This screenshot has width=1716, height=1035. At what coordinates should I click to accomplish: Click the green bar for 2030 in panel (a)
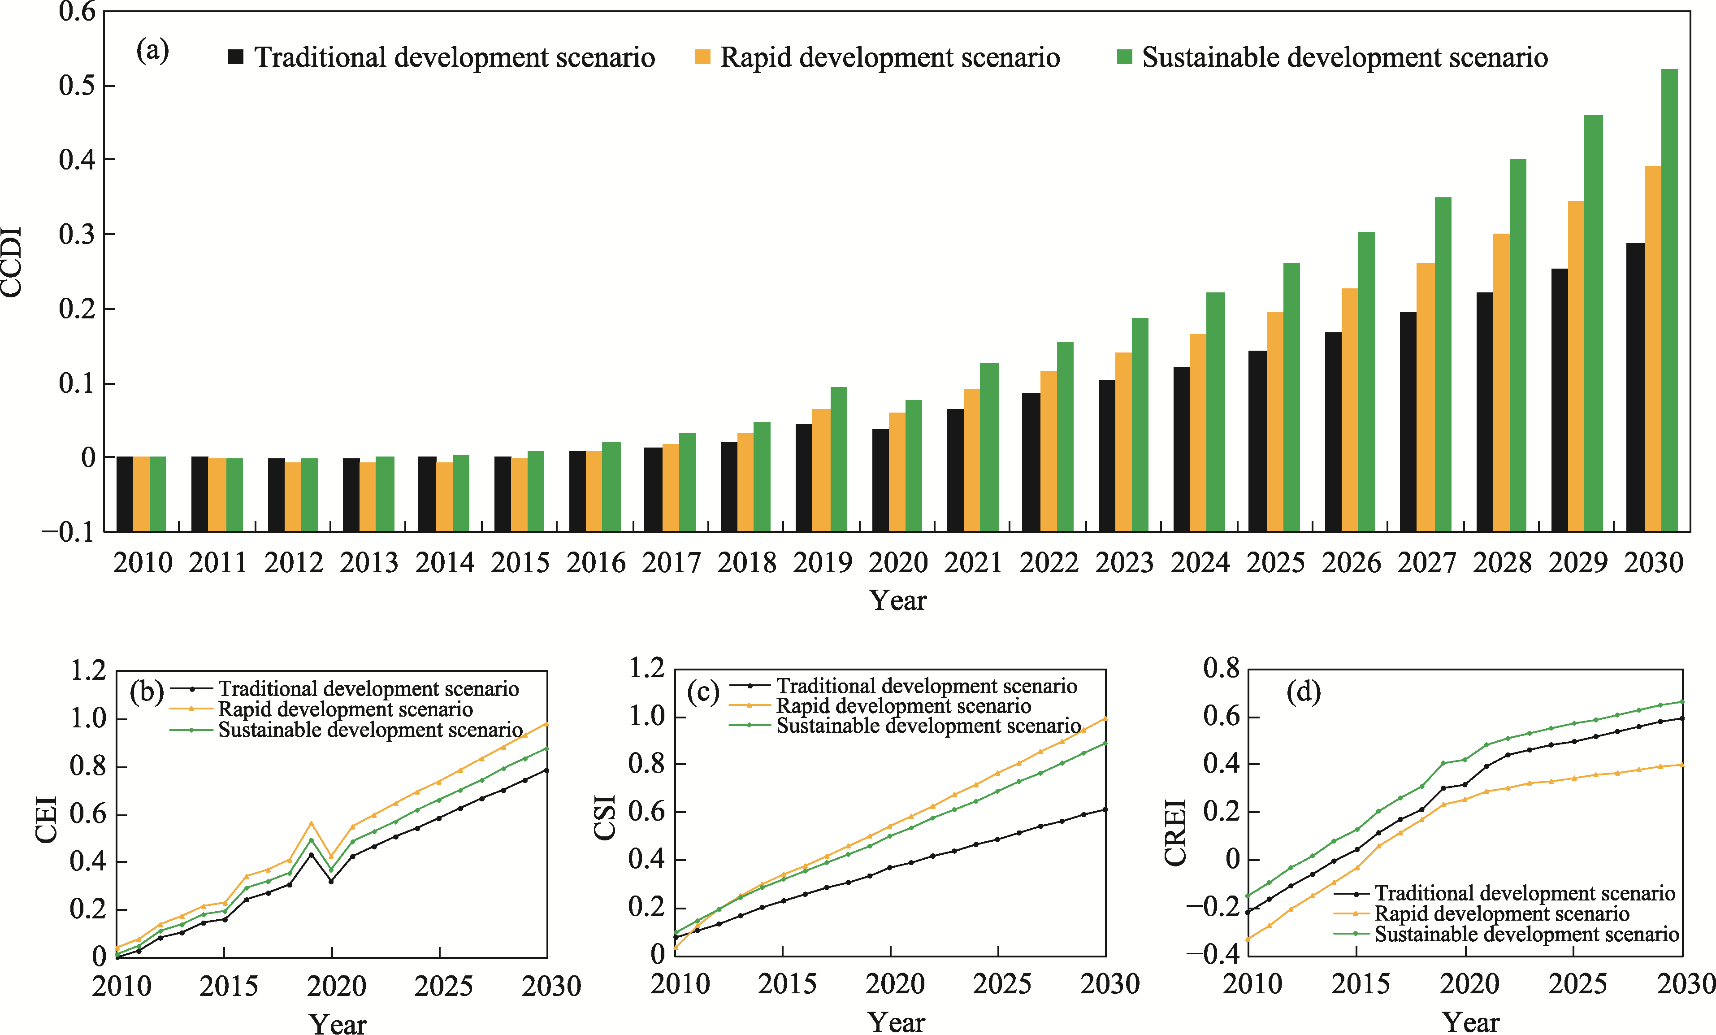tap(1669, 300)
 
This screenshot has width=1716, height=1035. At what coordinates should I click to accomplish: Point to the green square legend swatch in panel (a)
tap(1124, 57)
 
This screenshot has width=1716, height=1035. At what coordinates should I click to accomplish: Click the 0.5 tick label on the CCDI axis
tap(77, 86)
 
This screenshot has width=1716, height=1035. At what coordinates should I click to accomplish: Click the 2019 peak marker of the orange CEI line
tap(311, 823)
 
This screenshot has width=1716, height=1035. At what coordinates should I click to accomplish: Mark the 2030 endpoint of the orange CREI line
tap(1682, 765)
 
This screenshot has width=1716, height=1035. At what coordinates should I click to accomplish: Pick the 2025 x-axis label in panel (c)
tap(1001, 984)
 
